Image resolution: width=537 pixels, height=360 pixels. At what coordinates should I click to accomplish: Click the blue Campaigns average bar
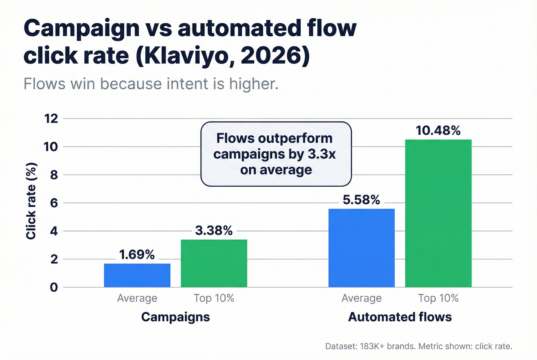pyautogui.click(x=137, y=275)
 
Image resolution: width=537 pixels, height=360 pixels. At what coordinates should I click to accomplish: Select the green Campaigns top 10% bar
pyautogui.click(x=214, y=263)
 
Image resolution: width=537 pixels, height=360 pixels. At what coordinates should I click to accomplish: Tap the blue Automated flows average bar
pyautogui.click(x=361, y=248)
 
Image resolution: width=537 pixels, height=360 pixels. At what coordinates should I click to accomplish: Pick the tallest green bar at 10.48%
pyautogui.click(x=438, y=213)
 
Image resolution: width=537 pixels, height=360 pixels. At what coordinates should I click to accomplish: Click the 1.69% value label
pyautogui.click(x=137, y=255)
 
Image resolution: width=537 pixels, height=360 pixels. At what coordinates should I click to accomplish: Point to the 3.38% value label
pyautogui.click(x=214, y=230)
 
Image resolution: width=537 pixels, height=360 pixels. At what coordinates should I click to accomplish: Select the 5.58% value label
pyautogui.click(x=361, y=200)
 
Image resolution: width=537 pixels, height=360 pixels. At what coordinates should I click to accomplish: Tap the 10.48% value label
pyautogui.click(x=438, y=131)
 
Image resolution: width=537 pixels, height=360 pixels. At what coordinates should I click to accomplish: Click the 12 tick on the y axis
pyautogui.click(x=51, y=118)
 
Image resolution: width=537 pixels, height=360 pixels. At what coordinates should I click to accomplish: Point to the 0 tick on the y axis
pyautogui.click(x=54, y=287)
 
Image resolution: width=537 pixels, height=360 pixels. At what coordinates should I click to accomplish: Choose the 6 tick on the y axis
pyautogui.click(x=54, y=203)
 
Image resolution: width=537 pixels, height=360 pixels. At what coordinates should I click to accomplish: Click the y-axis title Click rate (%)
pyautogui.click(x=31, y=201)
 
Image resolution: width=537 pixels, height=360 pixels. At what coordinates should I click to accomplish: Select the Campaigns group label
pyautogui.click(x=175, y=317)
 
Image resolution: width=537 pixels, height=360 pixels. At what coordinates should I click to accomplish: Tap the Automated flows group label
pyautogui.click(x=400, y=317)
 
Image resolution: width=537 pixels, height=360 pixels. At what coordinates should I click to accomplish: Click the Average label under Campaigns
pyautogui.click(x=137, y=298)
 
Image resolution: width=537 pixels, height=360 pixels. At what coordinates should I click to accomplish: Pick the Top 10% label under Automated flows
pyautogui.click(x=438, y=298)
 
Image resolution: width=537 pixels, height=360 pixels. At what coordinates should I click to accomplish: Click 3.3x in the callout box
pyautogui.click(x=321, y=154)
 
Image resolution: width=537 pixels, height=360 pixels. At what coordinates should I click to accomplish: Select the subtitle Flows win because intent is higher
pyautogui.click(x=151, y=84)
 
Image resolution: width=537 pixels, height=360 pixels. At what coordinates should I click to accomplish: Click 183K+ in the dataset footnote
pyautogui.click(x=372, y=346)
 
